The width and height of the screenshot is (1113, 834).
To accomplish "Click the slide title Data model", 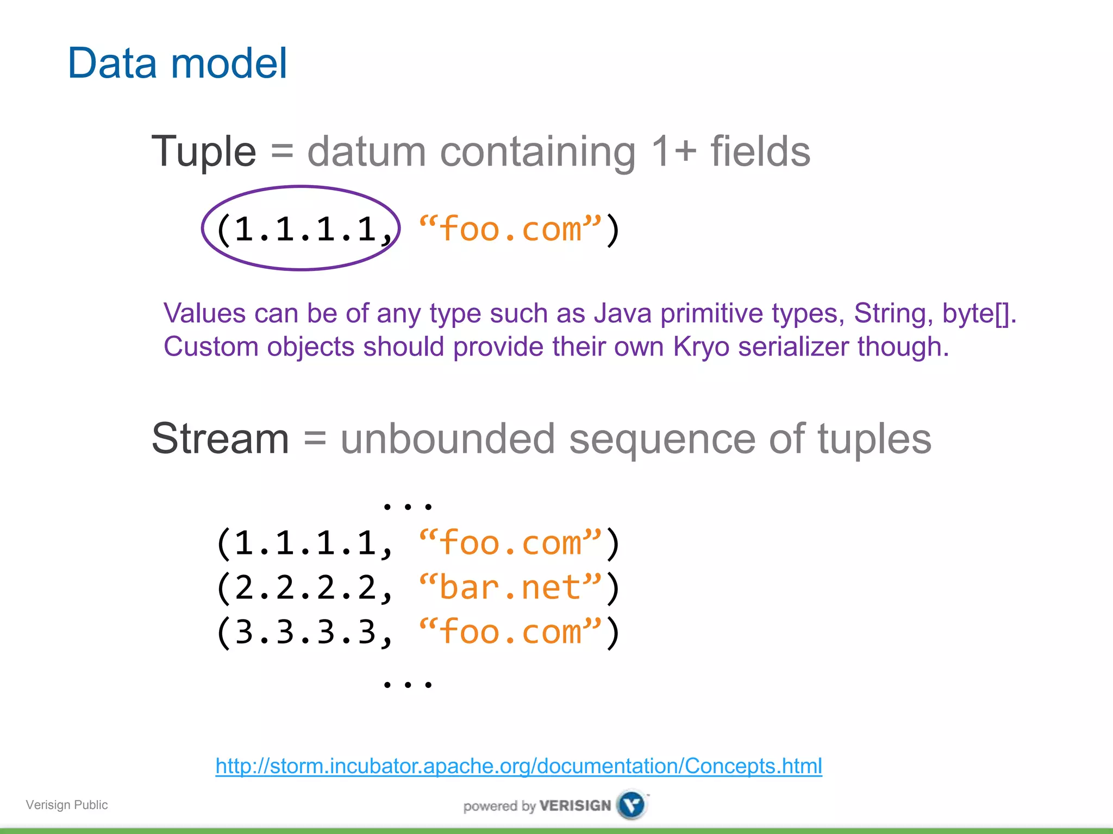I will [177, 63].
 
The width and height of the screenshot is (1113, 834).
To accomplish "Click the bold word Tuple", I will [204, 151].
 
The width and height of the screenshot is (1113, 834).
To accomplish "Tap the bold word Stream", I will [220, 439].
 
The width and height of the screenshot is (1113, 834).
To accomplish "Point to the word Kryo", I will [701, 346].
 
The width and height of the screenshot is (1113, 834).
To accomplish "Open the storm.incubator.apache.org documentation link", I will [518, 766].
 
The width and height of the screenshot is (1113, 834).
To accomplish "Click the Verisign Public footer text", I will [67, 805].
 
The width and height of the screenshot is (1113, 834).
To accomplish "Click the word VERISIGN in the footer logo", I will [575, 806].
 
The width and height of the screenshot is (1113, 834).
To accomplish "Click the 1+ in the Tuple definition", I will [673, 151].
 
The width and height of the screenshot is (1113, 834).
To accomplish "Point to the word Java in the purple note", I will [622, 313].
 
